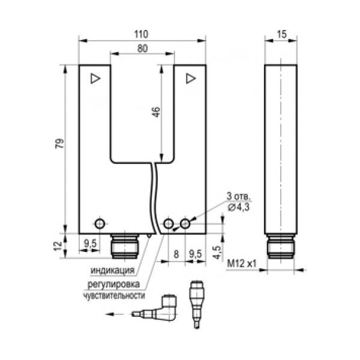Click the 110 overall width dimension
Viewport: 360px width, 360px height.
pos(141,34)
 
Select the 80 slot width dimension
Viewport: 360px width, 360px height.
pos(142,49)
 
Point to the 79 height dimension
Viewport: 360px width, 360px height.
pos(59,143)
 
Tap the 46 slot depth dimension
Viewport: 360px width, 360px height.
pos(156,112)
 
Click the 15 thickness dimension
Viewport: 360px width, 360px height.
pos(281,34)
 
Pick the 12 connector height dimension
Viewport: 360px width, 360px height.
pos(58,246)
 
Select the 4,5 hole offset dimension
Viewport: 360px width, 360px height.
pos(217,252)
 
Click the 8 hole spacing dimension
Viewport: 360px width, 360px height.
pos(176,254)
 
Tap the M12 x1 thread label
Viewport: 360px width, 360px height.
pos(242,263)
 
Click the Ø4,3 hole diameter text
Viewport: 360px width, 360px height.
pos(239,207)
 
